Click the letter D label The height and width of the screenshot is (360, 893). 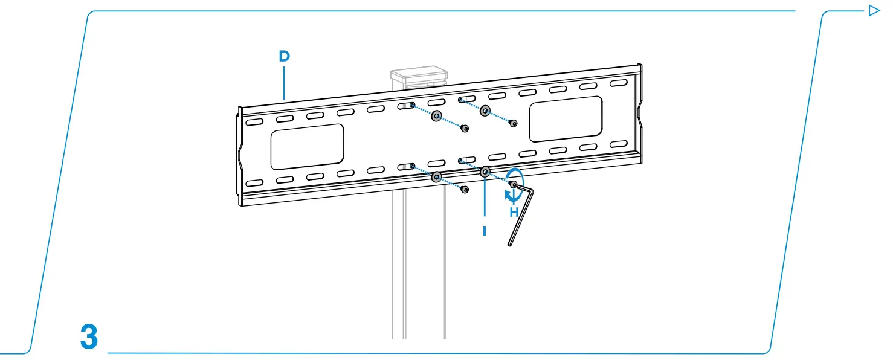point(284,56)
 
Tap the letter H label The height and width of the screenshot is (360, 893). point(514,212)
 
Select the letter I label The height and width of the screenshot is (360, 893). point(485,231)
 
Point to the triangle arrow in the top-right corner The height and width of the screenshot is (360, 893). point(874,10)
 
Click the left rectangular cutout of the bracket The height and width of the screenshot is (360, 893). point(307,147)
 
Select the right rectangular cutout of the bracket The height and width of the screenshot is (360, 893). point(566,119)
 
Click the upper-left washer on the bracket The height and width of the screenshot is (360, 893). point(437,116)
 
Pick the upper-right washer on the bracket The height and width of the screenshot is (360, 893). point(485,111)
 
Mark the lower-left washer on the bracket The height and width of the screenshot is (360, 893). point(437,177)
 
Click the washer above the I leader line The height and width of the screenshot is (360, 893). point(485,172)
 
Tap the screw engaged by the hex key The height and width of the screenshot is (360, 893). point(514,184)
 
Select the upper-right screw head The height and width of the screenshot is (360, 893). point(514,123)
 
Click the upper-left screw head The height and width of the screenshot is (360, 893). point(465,129)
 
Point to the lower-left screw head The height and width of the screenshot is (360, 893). point(465,190)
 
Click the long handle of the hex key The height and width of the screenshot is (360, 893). point(521,218)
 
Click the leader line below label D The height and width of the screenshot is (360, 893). point(284,83)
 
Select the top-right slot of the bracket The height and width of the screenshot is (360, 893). point(619,83)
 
